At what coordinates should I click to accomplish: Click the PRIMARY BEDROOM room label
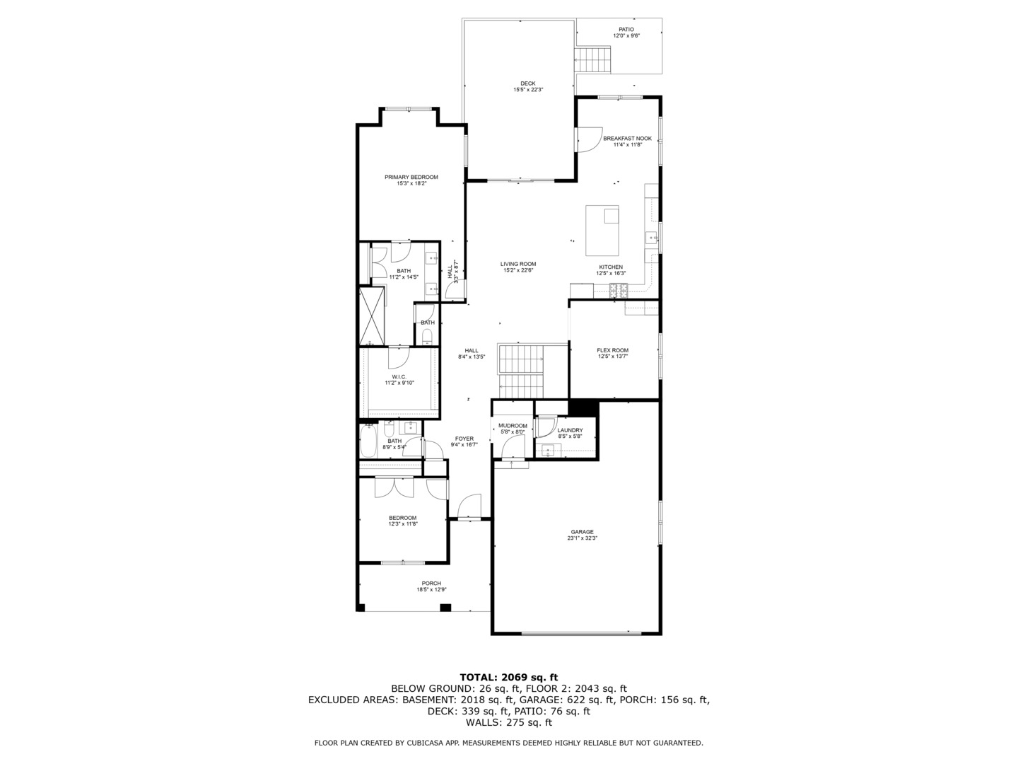tap(411, 177)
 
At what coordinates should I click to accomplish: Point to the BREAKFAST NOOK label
tap(627, 139)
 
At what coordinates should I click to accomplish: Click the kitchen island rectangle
tap(602, 231)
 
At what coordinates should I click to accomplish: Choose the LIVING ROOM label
tap(519, 264)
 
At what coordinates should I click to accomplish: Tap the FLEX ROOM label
tap(612, 350)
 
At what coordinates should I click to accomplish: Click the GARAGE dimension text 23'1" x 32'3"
tap(582, 538)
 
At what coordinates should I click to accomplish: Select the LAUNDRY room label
tap(570, 430)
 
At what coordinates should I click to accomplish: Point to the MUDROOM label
tap(513, 426)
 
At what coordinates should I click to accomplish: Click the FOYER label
tap(464, 439)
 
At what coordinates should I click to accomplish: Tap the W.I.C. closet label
tap(399, 377)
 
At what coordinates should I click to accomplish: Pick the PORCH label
tap(431, 584)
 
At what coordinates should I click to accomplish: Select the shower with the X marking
tap(372, 316)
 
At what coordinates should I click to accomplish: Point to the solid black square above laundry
tap(583, 408)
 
